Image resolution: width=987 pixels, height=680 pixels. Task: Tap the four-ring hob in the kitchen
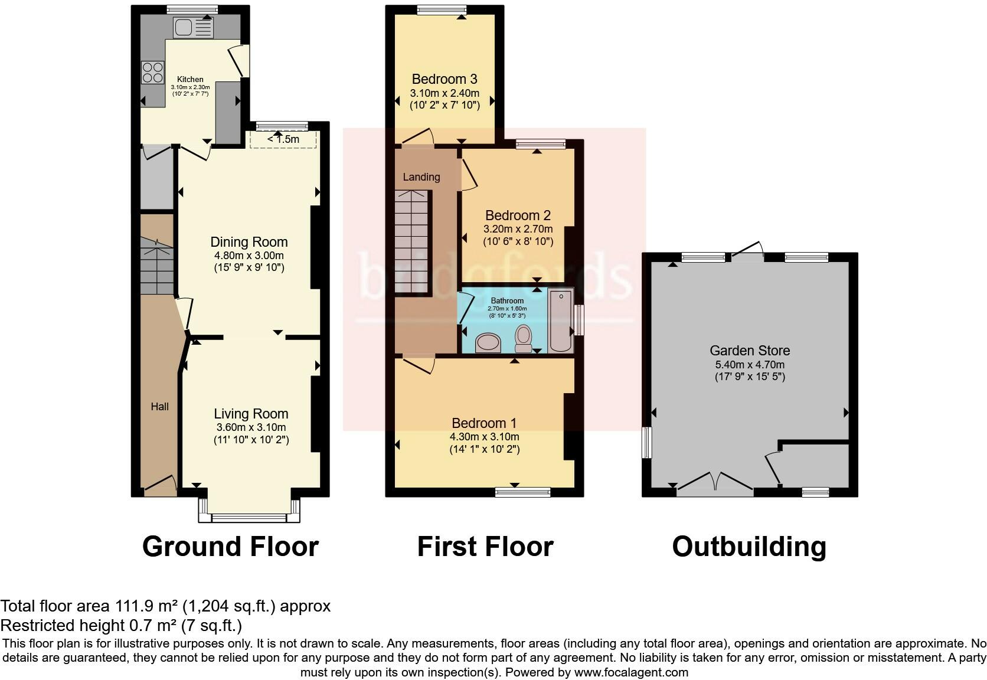click(x=152, y=72)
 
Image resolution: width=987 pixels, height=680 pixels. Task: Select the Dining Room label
click(x=249, y=242)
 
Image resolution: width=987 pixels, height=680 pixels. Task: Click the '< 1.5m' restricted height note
click(x=283, y=139)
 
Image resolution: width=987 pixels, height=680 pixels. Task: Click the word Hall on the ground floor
click(x=159, y=406)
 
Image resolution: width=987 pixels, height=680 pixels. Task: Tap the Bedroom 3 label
click(x=445, y=79)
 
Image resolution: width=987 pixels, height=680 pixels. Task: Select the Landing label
click(x=421, y=176)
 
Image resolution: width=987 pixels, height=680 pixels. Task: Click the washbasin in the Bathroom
click(x=488, y=342)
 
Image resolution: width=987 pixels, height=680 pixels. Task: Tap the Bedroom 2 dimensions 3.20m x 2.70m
click(x=518, y=229)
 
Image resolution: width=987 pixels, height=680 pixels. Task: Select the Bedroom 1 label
click(x=484, y=423)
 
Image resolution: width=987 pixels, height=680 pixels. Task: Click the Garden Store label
click(x=750, y=351)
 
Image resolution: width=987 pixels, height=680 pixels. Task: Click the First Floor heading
click(x=485, y=547)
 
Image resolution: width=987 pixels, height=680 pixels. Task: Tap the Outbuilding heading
click(x=749, y=547)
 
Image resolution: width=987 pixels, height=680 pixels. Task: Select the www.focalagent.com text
click(x=631, y=672)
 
